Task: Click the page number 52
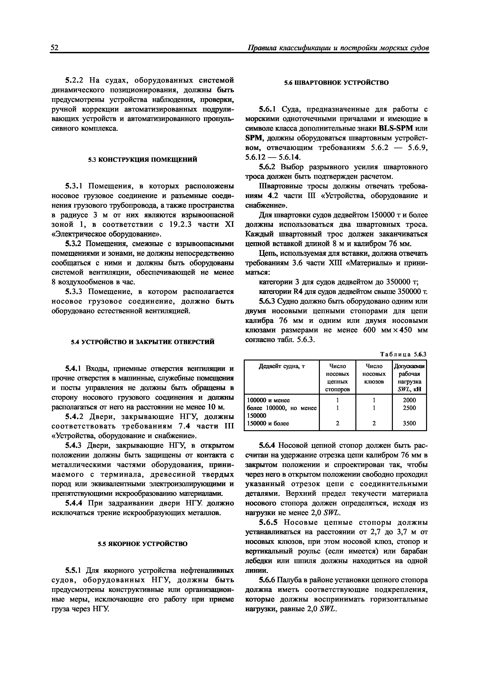55,48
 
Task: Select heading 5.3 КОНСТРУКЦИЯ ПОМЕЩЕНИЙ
143,160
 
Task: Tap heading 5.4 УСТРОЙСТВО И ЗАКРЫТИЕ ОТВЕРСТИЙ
143,342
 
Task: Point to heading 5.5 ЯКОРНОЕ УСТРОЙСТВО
143,544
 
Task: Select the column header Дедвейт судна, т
282,366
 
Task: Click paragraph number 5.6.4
267,445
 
